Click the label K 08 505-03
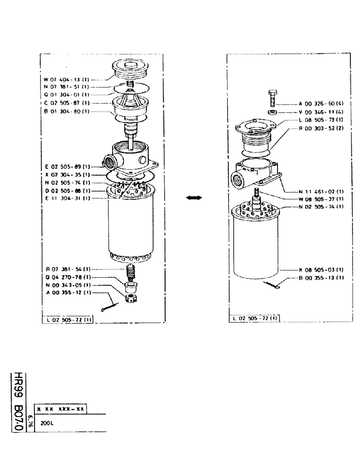(x=321, y=269)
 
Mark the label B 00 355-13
(x=321, y=277)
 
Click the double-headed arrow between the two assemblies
(x=194, y=198)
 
